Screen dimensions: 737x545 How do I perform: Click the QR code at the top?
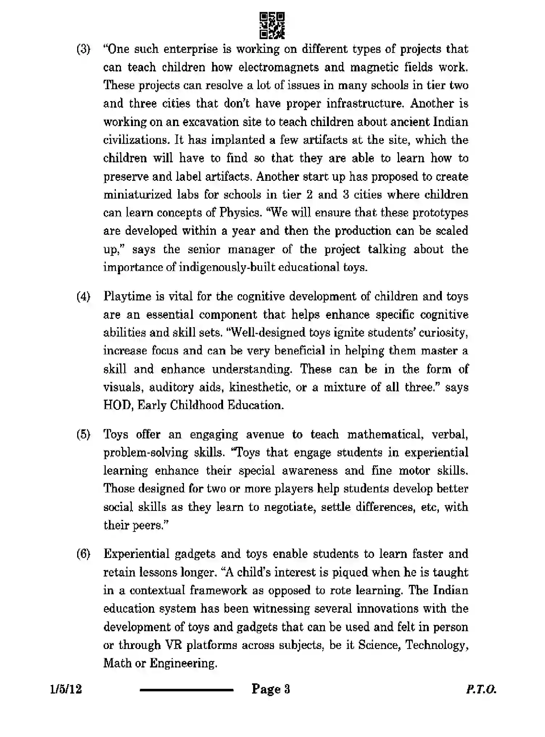click(x=272, y=25)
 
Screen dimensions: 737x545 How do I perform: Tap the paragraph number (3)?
click(x=83, y=49)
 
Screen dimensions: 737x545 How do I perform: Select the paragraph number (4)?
click(x=83, y=296)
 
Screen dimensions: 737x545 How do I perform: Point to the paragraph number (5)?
click(x=83, y=434)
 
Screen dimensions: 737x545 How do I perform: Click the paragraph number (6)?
click(x=83, y=554)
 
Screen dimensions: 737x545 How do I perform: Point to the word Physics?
click(x=240, y=213)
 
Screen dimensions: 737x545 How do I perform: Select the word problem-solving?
click(x=146, y=453)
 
